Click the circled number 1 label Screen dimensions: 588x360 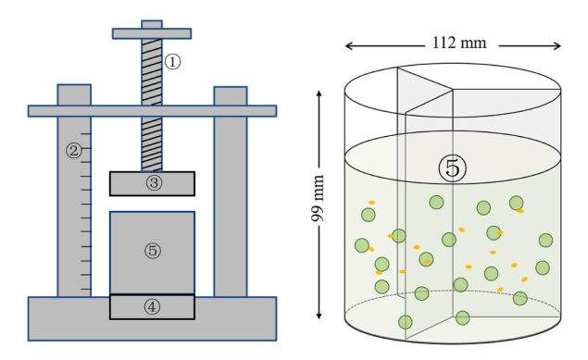[172, 62]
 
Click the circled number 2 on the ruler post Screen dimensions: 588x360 [74, 151]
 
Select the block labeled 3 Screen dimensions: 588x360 [152, 183]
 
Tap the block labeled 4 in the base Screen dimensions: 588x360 [152, 307]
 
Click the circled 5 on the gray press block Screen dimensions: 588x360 [153, 251]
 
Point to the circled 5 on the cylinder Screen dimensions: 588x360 [453, 168]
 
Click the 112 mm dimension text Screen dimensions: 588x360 [459, 43]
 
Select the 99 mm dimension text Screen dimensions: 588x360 [318, 198]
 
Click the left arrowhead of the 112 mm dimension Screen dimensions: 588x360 [349, 46]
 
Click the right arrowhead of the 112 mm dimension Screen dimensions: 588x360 [557, 46]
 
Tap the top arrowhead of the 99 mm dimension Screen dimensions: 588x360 [319, 94]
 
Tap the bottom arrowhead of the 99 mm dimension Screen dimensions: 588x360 [319, 316]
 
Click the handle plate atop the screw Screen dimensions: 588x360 [152, 33]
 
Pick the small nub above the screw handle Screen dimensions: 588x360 [152, 24]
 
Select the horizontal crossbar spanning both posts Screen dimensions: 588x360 [152, 111]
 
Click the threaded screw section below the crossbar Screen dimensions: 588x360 [152, 144]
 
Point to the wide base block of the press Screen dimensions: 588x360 [152, 318]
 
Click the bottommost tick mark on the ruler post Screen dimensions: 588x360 [86, 289]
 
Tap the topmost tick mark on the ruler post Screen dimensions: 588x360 [86, 133]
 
